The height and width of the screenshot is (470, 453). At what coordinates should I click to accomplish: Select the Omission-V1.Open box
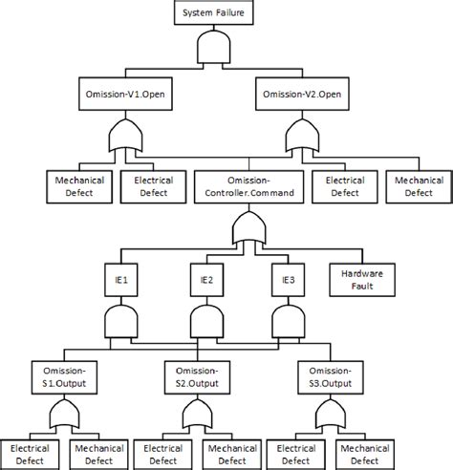[x=120, y=95]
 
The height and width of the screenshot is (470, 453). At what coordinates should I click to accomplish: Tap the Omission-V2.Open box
[x=304, y=95]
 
